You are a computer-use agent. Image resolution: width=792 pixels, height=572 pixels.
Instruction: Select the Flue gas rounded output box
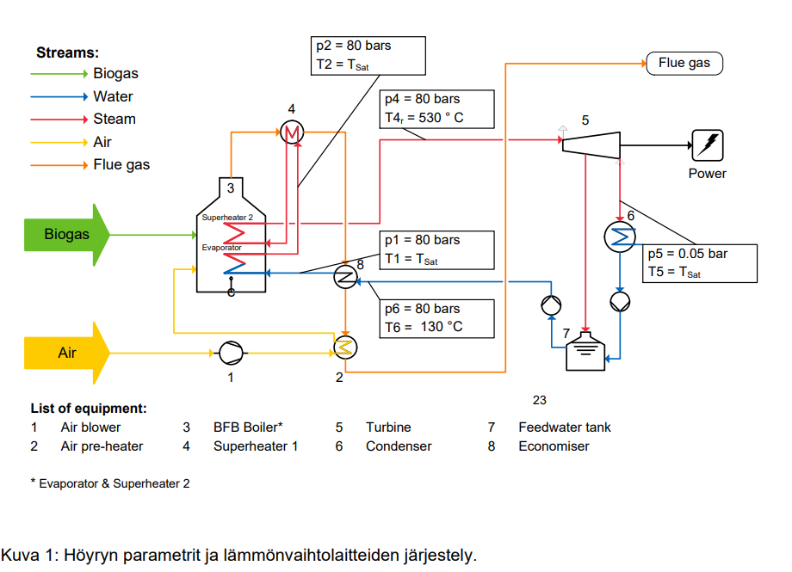point(684,63)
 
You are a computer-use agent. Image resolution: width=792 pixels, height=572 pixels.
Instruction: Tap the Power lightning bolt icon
point(708,145)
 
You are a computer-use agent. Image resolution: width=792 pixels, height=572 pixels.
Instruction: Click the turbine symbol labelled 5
point(591,143)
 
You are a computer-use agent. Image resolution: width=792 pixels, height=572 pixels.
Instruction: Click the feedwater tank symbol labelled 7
point(588,354)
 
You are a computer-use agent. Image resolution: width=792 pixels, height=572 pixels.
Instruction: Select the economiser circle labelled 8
point(344,276)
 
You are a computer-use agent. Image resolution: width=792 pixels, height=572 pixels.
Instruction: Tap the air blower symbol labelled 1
point(231,352)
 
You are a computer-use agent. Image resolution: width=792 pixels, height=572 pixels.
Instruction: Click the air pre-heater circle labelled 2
point(344,346)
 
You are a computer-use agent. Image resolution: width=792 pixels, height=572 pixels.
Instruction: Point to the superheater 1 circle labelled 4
point(292,132)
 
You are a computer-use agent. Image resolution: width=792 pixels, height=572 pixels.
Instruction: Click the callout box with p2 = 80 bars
point(368,55)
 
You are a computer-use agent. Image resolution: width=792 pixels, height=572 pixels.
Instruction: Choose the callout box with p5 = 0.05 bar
point(702,263)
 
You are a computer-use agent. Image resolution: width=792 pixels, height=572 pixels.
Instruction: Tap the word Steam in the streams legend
point(114,120)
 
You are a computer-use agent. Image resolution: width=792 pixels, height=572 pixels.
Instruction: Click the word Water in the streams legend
point(113,97)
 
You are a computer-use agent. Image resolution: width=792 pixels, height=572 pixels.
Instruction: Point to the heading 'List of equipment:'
point(89,408)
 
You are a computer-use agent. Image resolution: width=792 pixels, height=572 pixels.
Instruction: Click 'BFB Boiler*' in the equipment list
point(248,427)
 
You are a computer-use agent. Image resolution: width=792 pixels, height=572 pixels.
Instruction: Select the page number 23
point(539,400)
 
